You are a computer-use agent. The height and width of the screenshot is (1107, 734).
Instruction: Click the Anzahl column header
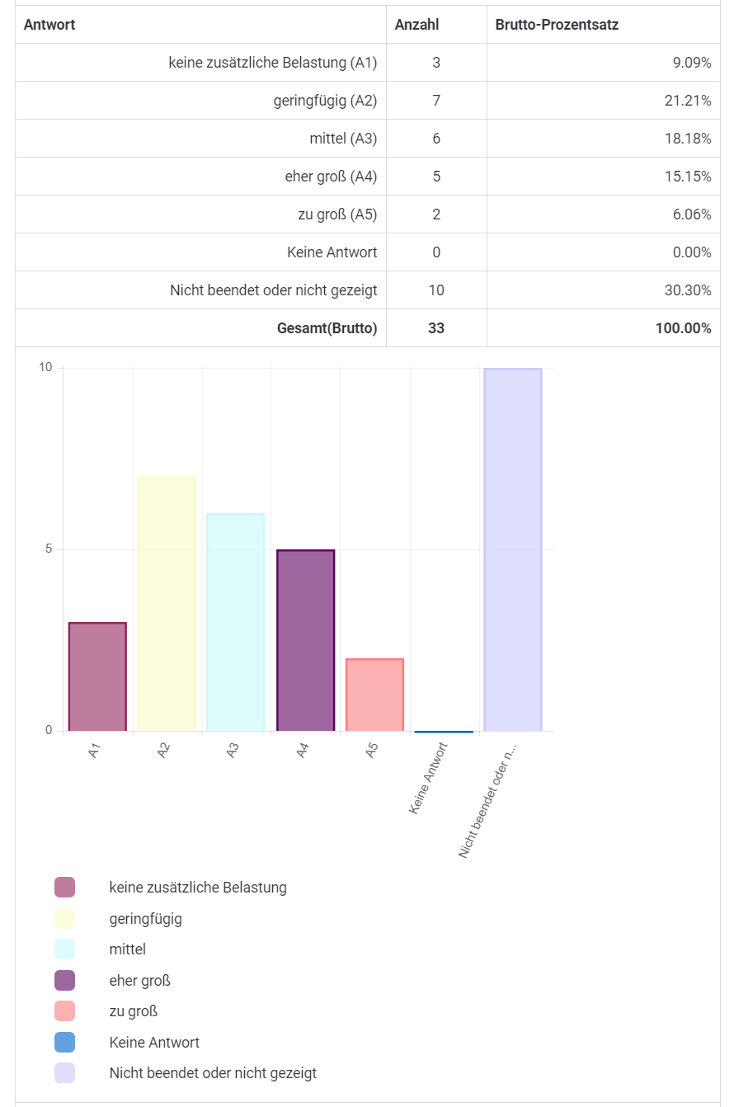pos(416,25)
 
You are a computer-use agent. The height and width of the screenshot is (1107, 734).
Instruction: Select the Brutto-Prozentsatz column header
pos(557,25)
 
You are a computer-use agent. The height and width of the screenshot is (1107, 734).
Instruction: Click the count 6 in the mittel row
pos(436,139)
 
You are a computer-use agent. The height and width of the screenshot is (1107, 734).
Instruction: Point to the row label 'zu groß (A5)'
pos(337,214)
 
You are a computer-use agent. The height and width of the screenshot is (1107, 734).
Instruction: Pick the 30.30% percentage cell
pos(689,290)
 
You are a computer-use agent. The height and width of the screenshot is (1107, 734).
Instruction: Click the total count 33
pos(436,328)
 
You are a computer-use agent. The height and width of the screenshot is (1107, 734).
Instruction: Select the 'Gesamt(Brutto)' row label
pos(327,328)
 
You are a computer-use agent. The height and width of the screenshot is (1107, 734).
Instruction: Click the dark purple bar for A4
pos(305,640)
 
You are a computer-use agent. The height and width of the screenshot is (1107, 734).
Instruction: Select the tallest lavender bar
pos(513,549)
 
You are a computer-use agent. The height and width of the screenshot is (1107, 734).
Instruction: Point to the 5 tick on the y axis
pos(48,549)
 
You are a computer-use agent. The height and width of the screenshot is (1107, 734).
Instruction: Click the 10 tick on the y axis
pos(45,368)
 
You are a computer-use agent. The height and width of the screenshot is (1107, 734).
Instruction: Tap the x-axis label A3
pos(233,751)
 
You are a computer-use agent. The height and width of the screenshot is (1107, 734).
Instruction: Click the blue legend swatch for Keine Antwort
pos(64,1042)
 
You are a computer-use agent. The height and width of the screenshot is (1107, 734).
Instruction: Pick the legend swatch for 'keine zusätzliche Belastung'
pos(64,888)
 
